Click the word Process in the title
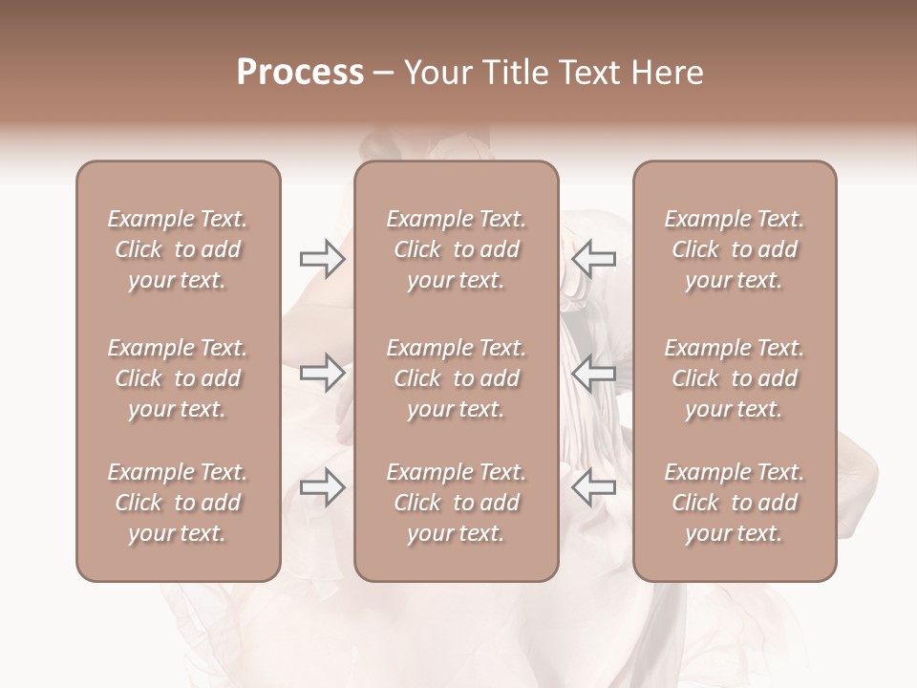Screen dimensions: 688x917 (x=300, y=73)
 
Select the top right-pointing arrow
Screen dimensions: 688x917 (x=323, y=259)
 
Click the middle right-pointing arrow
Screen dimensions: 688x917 (x=323, y=373)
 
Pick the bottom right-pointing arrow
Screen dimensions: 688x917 (x=323, y=488)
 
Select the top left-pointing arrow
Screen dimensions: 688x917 (x=593, y=259)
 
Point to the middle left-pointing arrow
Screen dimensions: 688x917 (x=593, y=373)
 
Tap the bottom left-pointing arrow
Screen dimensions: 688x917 (x=593, y=488)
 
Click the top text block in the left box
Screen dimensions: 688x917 (x=178, y=249)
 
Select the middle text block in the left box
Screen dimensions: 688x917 (x=178, y=378)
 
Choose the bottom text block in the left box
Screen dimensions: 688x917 (x=178, y=503)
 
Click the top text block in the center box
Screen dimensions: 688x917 (x=456, y=249)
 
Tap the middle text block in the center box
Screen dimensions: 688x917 (x=456, y=378)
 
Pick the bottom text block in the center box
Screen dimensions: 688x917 (x=456, y=503)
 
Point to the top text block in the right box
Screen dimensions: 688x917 (x=734, y=249)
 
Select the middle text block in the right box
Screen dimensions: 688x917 (x=734, y=378)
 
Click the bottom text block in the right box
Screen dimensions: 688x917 (x=734, y=503)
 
